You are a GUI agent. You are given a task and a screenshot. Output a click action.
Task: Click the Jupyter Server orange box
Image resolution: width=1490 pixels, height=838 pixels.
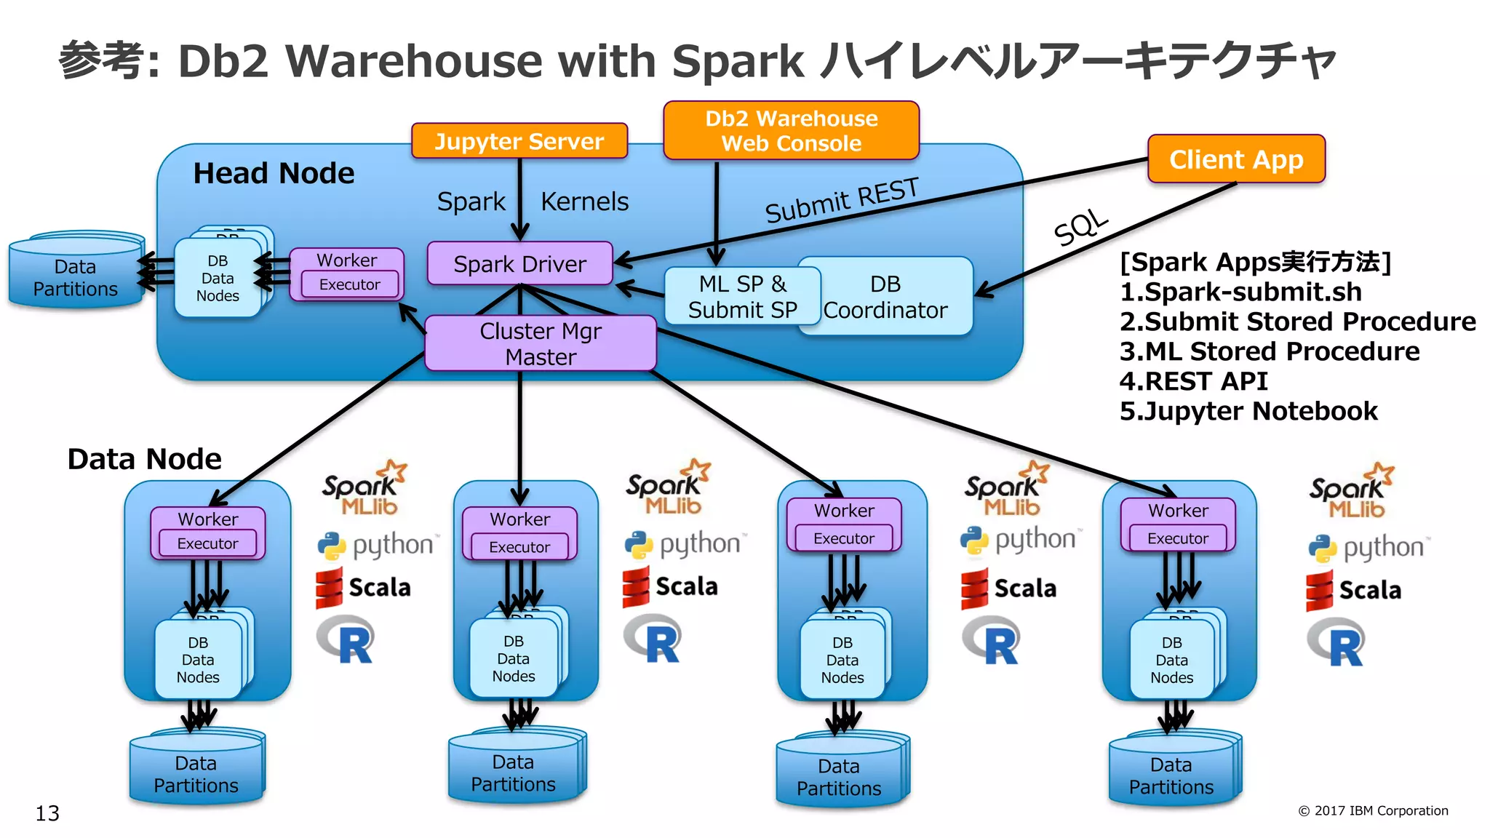(x=519, y=141)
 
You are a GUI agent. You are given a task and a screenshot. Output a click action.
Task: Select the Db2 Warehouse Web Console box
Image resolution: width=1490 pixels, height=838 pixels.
(x=791, y=131)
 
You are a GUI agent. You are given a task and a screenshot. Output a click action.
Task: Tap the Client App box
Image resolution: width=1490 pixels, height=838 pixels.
(x=1235, y=159)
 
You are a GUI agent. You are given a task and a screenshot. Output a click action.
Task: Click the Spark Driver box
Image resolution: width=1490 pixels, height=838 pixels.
(x=519, y=263)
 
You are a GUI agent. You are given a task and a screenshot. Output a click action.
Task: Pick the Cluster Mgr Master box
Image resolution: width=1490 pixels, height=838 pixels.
(x=540, y=343)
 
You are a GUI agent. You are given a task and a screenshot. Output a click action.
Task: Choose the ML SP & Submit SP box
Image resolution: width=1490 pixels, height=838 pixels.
(x=742, y=296)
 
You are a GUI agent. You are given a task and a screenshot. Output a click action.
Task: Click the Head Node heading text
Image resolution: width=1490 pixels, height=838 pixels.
(x=274, y=173)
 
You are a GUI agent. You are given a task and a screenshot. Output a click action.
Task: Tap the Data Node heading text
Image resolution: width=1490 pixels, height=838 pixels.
(x=144, y=459)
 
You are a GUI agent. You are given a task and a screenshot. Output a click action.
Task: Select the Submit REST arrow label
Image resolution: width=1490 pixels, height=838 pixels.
(x=841, y=201)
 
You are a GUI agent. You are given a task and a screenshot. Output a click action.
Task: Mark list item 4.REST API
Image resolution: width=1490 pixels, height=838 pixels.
(x=1193, y=381)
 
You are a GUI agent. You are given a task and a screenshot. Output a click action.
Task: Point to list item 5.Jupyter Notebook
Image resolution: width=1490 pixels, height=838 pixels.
(x=1248, y=411)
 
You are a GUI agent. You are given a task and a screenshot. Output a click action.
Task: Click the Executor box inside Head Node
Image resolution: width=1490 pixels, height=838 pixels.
(x=349, y=284)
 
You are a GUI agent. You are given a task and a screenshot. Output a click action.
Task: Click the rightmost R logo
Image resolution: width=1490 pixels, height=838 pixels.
(x=1337, y=642)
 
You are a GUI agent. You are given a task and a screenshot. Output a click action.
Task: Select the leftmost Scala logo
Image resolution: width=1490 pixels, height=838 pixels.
(x=363, y=588)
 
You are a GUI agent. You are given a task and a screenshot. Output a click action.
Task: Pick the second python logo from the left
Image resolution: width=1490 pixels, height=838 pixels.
(x=685, y=545)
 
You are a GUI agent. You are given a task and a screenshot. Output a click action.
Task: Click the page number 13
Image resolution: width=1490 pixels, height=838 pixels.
(x=47, y=813)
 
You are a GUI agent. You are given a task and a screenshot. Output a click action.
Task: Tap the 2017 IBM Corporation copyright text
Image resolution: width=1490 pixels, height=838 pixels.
(x=1373, y=810)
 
